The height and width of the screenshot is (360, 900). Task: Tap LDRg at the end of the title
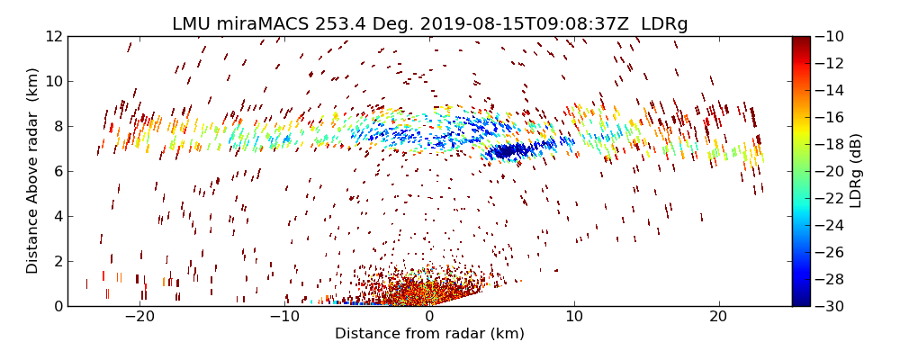pyautogui.click(x=664, y=23)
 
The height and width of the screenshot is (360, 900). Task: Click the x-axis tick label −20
pyautogui.click(x=139, y=318)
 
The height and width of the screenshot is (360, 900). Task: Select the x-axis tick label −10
pyautogui.click(x=284, y=318)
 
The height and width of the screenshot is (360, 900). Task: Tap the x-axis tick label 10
pyautogui.click(x=574, y=318)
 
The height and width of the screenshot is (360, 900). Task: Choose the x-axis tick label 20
pyautogui.click(x=718, y=318)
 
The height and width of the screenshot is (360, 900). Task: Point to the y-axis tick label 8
pyautogui.click(x=57, y=127)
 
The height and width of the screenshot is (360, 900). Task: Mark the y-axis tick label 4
pyautogui.click(x=57, y=216)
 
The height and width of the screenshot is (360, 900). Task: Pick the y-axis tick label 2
pyautogui.click(x=57, y=261)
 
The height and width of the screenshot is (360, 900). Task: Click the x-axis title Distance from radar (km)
pyautogui.click(x=429, y=334)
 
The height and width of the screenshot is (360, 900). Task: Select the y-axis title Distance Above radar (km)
pyautogui.click(x=33, y=171)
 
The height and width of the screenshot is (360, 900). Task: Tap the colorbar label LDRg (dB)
pyautogui.click(x=856, y=171)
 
